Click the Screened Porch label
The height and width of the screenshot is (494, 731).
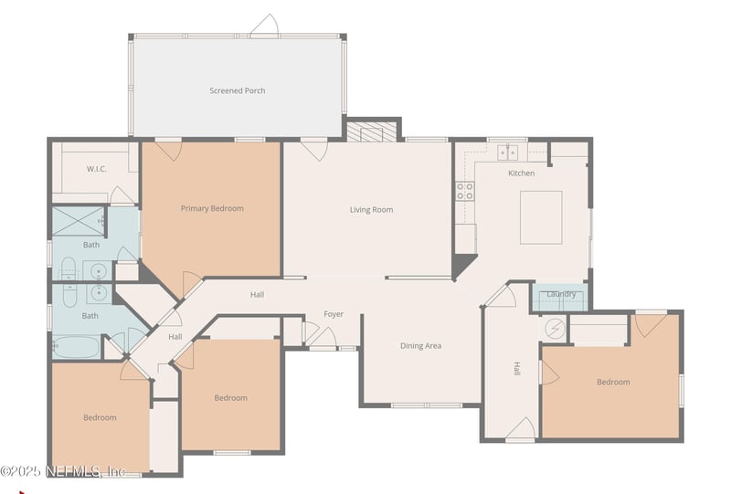(x=237, y=90)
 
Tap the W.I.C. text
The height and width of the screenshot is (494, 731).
(x=98, y=168)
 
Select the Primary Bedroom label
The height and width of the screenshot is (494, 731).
(x=212, y=208)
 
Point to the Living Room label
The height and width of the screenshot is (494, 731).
(x=371, y=209)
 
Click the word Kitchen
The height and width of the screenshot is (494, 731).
(x=521, y=173)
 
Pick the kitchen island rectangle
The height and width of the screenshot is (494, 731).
(x=541, y=217)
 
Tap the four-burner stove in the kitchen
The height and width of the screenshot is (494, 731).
(x=465, y=191)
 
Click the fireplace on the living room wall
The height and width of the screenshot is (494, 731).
(x=373, y=131)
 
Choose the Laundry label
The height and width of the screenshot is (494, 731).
(x=560, y=293)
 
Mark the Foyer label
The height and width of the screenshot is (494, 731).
(x=334, y=314)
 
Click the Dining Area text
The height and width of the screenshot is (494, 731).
(x=420, y=346)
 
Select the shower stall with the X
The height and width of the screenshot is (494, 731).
(x=79, y=222)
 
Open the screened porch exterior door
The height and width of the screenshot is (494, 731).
(x=264, y=26)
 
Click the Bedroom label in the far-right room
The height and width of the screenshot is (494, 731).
(x=613, y=382)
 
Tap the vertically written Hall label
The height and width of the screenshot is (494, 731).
(x=516, y=369)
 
